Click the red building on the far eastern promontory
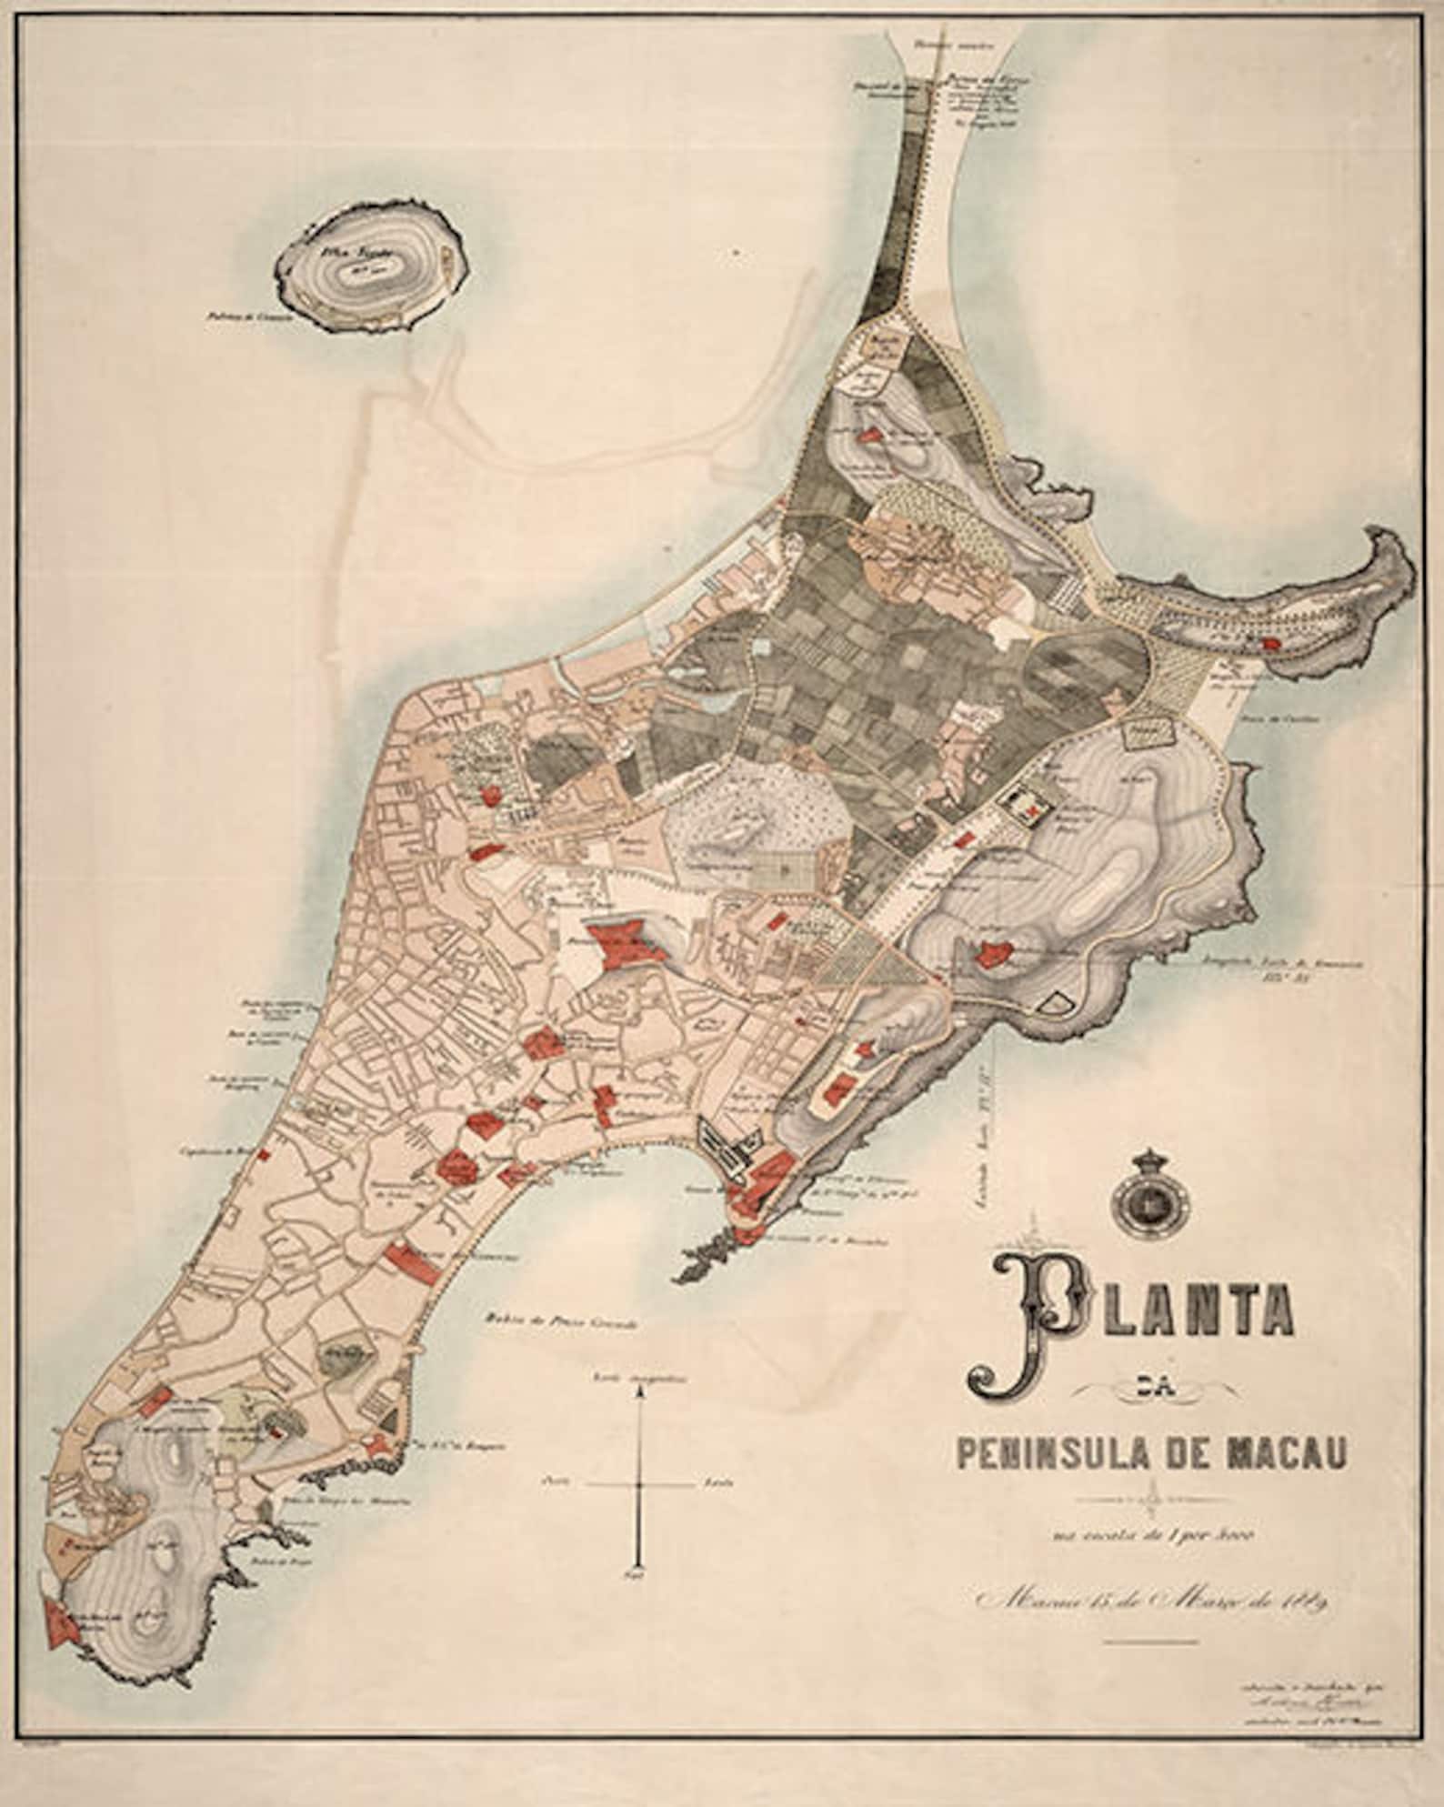(1273, 643)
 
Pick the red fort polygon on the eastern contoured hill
(994, 952)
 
